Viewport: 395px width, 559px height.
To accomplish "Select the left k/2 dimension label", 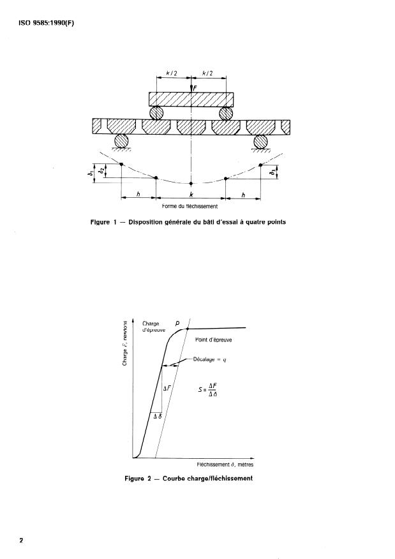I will (x=172, y=74).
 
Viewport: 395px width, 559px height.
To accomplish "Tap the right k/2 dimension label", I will (x=208, y=74).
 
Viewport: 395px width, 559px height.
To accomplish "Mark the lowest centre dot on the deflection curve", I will (x=191, y=184).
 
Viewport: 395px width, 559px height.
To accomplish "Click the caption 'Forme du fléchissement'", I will (x=190, y=207).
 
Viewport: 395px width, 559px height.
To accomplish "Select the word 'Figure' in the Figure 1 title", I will (x=101, y=223).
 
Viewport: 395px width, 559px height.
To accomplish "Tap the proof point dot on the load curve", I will (x=188, y=329).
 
